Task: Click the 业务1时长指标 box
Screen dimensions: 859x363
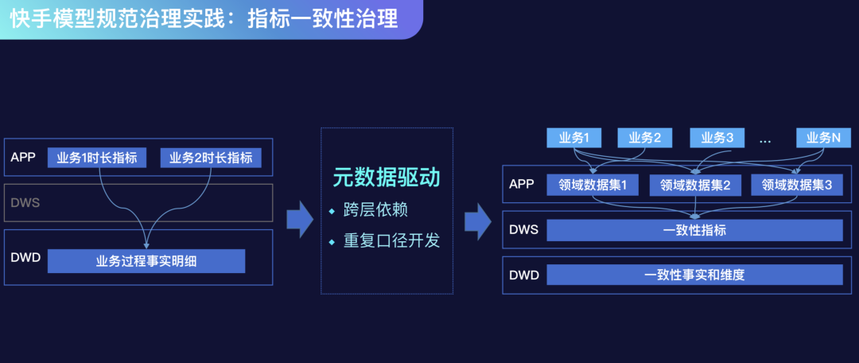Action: [x=97, y=158]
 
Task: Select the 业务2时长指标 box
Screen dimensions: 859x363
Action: [x=211, y=158]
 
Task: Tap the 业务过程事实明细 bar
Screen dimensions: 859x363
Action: [x=146, y=262]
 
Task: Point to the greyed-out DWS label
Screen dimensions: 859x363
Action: [x=25, y=202]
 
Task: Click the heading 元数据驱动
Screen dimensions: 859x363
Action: [x=387, y=179]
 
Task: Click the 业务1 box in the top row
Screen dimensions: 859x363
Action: [x=574, y=139]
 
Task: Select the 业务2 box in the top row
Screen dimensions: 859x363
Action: [x=645, y=139]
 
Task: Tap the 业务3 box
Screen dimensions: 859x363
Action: [x=717, y=139]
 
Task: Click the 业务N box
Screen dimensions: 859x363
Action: [x=824, y=139]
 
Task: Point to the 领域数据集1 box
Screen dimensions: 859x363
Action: [x=593, y=185]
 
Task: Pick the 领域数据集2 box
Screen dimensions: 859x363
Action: [x=696, y=185]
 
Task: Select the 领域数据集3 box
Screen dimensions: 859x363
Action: [x=797, y=185]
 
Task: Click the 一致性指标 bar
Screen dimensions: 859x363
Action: [x=694, y=230]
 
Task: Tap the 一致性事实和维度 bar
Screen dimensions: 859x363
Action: [x=694, y=275]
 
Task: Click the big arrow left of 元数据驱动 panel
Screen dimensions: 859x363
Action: [x=300, y=220]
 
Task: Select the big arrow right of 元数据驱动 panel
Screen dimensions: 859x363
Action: [x=478, y=221]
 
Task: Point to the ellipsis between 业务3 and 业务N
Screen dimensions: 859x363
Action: [x=765, y=141]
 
